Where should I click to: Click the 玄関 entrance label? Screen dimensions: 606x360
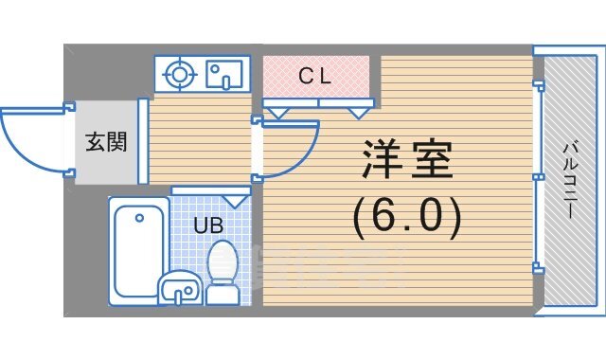click(105, 143)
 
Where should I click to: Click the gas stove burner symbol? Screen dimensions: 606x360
click(178, 73)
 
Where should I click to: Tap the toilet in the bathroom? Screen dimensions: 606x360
click(223, 270)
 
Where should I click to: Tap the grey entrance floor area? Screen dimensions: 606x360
click(105, 166)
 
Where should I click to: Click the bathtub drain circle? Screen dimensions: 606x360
click(140, 218)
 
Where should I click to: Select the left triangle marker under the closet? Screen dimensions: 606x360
click(277, 113)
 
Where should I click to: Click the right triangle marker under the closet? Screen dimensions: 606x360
click(358, 113)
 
